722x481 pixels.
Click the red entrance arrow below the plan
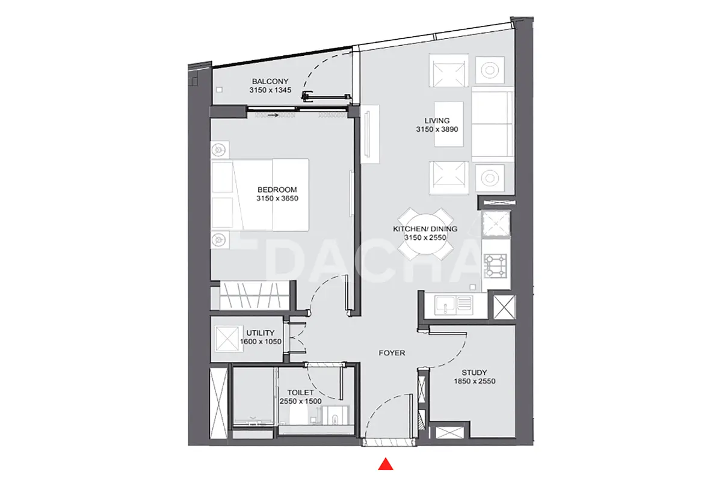click(x=386, y=464)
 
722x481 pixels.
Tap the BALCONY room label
click(x=270, y=82)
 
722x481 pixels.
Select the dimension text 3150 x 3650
click(x=277, y=198)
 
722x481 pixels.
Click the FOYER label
click(x=392, y=353)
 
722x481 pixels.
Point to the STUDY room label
click(x=474, y=373)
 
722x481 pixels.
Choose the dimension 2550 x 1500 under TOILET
click(x=300, y=402)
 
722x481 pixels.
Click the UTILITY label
click(x=261, y=333)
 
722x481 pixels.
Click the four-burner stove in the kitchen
click(x=495, y=266)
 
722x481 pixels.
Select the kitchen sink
click(x=454, y=305)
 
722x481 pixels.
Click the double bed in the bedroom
click(x=260, y=195)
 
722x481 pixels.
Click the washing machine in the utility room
click(x=227, y=339)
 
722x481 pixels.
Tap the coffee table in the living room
click(x=449, y=124)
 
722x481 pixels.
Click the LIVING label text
click(x=437, y=121)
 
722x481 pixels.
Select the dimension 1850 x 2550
click(x=475, y=381)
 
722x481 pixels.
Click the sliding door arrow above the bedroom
click(x=273, y=115)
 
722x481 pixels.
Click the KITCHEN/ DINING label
click(x=425, y=229)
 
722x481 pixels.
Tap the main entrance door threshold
click(x=389, y=443)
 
